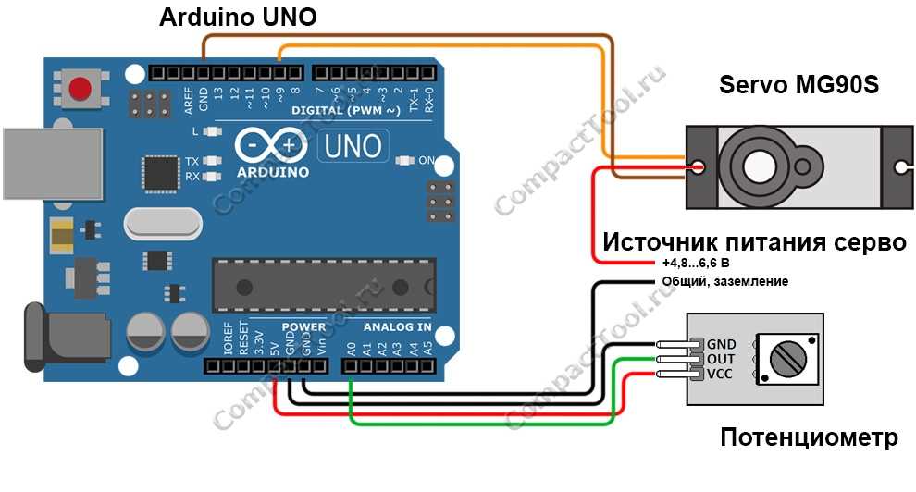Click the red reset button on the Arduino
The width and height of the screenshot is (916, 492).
[x=80, y=88]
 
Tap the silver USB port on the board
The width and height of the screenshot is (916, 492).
[x=53, y=164]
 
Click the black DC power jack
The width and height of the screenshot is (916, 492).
[x=66, y=338]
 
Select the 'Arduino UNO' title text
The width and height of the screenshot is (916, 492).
[x=238, y=17]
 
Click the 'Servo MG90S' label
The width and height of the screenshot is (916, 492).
[x=798, y=85]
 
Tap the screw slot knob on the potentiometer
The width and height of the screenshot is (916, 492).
[x=788, y=358]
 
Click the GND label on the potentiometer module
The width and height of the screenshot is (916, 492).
[x=721, y=344]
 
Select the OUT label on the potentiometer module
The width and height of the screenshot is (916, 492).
[x=720, y=359]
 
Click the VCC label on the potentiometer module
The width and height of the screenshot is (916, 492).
[x=719, y=374]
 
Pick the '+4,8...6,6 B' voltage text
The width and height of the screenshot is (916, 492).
[x=696, y=263]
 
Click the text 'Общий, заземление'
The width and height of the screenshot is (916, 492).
[x=725, y=281]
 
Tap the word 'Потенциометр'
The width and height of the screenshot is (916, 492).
[x=809, y=437]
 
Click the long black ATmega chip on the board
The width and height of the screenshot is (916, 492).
[x=324, y=286]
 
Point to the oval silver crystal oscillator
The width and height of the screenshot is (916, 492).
[x=163, y=224]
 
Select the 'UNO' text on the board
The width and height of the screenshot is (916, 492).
[x=353, y=146]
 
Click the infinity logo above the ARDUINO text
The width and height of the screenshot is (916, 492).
[x=271, y=145]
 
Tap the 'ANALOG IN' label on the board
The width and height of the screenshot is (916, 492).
[x=397, y=326]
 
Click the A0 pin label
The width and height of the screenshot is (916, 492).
[x=351, y=349]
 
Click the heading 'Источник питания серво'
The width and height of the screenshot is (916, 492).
[x=754, y=241]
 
